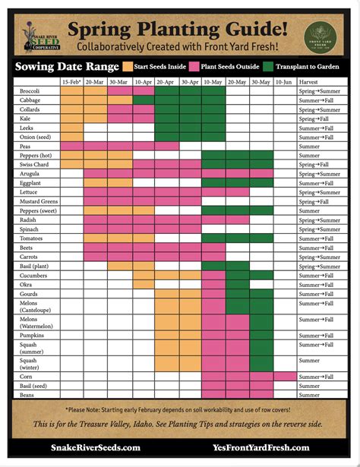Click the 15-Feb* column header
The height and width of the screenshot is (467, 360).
(71, 80)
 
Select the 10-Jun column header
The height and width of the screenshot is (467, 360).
(283, 80)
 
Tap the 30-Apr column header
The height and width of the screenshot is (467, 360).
(189, 80)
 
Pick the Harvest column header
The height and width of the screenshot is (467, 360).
(308, 80)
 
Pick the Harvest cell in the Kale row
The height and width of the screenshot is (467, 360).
(316, 119)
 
